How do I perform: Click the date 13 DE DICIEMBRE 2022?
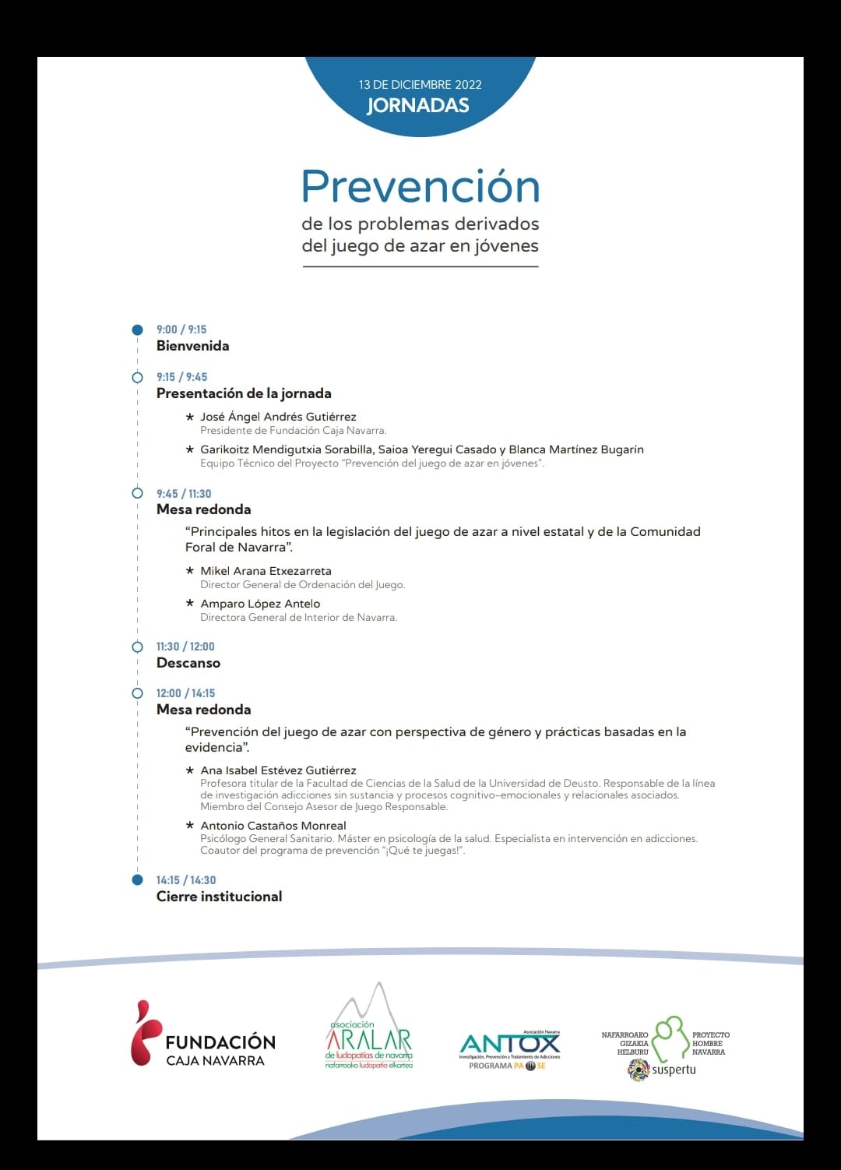[420, 84]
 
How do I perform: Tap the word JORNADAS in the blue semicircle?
[418, 106]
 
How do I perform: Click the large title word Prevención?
[420, 187]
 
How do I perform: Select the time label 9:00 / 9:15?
[181, 330]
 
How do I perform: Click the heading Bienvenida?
[192, 346]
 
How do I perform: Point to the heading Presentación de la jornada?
[244, 393]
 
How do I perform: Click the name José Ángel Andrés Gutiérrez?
[278, 417]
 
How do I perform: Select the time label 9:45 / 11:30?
[184, 494]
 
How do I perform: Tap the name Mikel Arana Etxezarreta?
[266, 571]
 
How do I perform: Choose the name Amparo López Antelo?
[260, 604]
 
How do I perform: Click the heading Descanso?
[188, 663]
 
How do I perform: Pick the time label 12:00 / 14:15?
[185, 693]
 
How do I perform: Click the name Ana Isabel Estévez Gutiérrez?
[278, 770]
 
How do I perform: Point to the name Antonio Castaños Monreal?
[273, 826]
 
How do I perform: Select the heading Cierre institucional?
[219, 897]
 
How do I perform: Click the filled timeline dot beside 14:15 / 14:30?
[138, 880]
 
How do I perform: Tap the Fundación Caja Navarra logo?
[202, 1034]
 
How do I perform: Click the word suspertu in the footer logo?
[674, 1070]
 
